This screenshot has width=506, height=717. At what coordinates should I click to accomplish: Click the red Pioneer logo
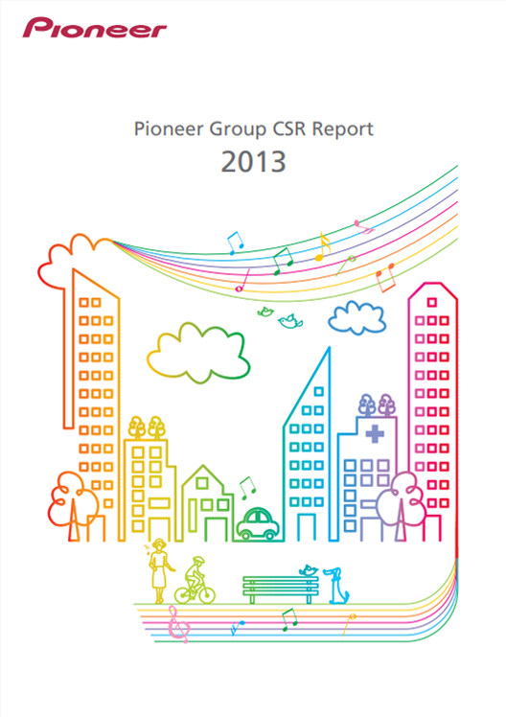(95, 28)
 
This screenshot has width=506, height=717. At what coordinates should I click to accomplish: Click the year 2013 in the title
(254, 161)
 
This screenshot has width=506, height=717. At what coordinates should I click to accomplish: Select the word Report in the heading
(343, 129)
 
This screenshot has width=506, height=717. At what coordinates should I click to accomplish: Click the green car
(258, 523)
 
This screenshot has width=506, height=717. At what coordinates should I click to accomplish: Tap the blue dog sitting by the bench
(337, 586)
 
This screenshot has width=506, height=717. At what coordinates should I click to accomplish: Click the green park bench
(280, 589)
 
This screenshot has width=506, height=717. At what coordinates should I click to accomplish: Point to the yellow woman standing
(159, 570)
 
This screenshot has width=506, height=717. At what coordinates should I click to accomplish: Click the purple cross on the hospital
(375, 433)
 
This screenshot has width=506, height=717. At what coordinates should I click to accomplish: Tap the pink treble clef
(177, 624)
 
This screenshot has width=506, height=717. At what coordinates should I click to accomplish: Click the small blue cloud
(357, 317)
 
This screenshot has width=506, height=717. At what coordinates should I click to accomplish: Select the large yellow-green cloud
(198, 352)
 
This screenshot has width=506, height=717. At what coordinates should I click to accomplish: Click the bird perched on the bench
(309, 570)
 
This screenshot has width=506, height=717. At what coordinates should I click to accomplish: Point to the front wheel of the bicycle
(206, 595)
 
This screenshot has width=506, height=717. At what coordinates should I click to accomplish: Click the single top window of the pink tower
(432, 302)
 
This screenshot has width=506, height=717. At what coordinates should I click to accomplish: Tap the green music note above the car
(247, 488)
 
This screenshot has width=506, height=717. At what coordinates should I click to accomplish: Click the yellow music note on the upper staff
(323, 247)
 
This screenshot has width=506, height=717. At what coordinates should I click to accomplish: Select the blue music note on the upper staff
(235, 243)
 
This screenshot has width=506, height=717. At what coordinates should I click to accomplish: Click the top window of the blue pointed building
(318, 391)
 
